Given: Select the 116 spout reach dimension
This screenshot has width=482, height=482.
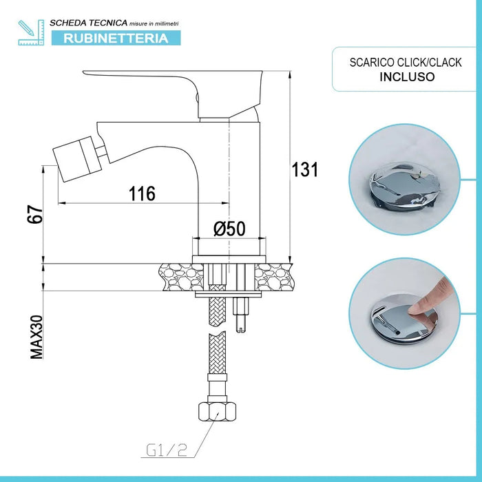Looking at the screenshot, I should click(143, 193).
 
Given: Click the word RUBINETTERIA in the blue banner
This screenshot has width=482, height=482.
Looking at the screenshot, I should click(116, 39).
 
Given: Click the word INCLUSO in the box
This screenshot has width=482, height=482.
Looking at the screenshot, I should click(408, 76).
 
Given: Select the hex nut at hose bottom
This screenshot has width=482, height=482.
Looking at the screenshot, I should click(214, 412).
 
